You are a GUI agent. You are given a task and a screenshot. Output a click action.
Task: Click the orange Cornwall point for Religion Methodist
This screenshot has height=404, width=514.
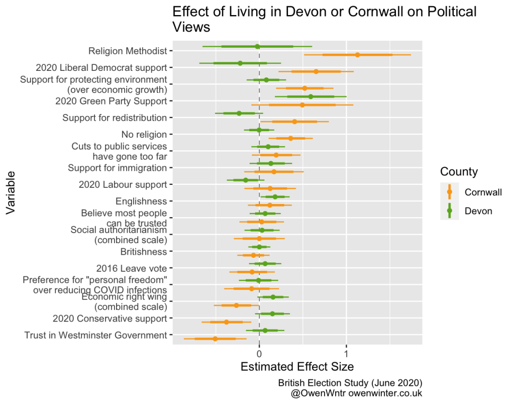pos(357,55)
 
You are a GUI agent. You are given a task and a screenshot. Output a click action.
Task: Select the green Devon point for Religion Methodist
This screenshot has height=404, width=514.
pos(258,46)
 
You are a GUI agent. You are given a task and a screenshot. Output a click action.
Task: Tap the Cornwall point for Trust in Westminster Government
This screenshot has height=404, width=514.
pos(215,339)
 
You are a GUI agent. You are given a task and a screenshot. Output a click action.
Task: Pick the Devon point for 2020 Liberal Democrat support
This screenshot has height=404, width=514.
pos(240,63)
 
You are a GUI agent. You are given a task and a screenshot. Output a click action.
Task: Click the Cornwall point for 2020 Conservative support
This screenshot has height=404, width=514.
pos(226,322)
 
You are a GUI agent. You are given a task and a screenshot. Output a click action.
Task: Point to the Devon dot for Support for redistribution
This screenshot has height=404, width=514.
pos(239,114)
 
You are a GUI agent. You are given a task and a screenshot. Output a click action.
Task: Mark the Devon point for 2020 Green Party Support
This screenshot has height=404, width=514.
pos(311,96)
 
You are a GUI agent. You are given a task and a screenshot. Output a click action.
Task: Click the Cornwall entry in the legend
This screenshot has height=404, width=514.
pos(483,192)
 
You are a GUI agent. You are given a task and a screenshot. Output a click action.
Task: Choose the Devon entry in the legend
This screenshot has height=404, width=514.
pos(478,211)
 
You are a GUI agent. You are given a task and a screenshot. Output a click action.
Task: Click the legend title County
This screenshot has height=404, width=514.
pos(459,172)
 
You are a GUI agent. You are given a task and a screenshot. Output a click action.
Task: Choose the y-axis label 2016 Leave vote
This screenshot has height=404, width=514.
pos(131,268)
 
